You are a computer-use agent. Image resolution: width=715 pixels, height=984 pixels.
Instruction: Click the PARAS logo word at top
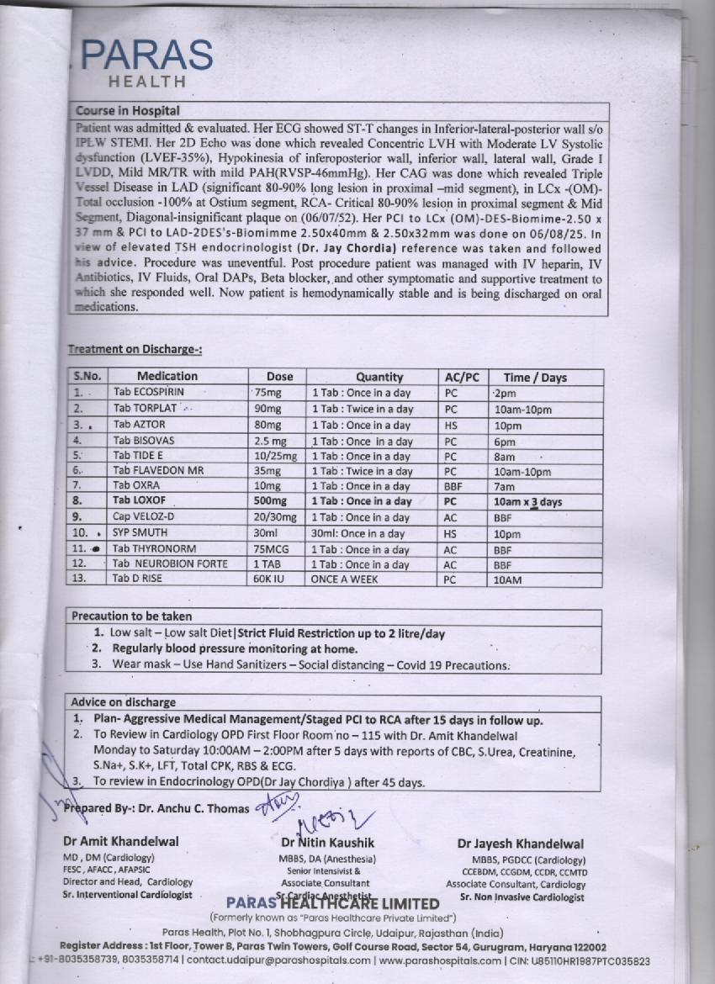click(x=148, y=56)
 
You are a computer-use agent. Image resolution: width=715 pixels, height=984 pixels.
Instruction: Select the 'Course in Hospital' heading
click(x=127, y=110)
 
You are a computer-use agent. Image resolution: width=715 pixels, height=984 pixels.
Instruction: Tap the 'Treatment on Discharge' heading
click(x=135, y=349)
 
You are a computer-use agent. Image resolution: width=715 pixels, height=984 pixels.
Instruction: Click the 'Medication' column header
click(x=167, y=377)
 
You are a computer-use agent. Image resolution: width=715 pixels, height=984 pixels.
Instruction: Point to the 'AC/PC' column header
click(x=460, y=378)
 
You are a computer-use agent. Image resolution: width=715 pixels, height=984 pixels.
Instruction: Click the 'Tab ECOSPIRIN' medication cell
click(x=149, y=392)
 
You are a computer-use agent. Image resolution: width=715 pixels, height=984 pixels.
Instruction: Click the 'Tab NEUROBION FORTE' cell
click(x=171, y=564)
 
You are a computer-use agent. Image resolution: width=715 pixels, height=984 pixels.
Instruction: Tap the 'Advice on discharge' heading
click(x=124, y=702)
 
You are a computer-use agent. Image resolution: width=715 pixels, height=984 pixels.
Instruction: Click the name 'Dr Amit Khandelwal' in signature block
click(x=121, y=842)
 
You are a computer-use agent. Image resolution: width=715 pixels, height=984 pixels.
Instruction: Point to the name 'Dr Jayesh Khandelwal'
click(x=521, y=844)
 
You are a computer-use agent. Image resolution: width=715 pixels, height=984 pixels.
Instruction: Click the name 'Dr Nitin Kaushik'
click(x=328, y=842)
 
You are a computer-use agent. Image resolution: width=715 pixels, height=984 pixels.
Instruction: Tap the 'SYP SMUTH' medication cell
click(x=140, y=533)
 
